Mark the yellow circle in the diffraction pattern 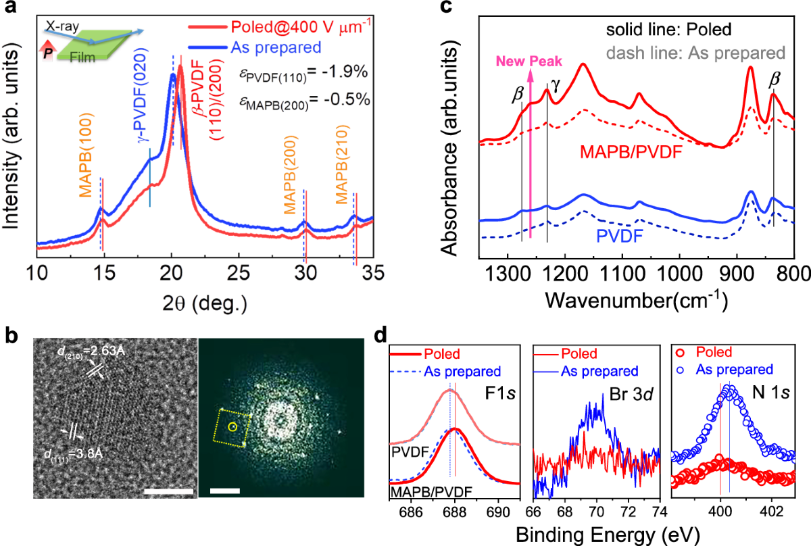[x=232, y=426]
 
